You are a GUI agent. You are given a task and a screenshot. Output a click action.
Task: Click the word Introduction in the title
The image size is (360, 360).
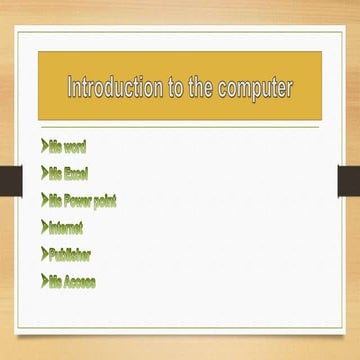point(111,89)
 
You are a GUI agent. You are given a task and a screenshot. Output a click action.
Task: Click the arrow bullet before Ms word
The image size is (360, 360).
point(46,147)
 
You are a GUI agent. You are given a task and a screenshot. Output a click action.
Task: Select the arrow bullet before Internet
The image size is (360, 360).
point(46,227)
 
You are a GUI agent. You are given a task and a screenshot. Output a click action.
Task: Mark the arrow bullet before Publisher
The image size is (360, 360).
point(46,254)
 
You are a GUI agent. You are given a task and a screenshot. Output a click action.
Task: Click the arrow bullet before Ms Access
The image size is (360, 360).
point(46,281)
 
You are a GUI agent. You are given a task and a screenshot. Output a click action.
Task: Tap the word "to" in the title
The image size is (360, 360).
point(172,89)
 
